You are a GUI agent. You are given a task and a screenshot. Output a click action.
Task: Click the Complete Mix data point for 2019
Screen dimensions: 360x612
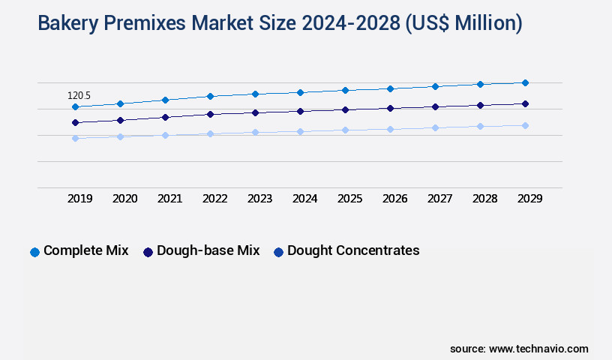click(75, 106)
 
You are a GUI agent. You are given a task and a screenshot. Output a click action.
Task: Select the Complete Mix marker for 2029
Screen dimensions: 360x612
click(525, 82)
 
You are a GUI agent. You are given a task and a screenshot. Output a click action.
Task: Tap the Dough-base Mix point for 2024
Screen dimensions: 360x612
click(300, 111)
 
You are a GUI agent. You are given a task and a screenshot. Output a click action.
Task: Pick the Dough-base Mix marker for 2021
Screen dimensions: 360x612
click(165, 117)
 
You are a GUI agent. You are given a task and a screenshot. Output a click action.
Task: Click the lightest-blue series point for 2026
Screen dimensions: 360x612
click(390, 129)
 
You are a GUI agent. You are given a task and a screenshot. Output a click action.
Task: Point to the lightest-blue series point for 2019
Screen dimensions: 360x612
click(75, 138)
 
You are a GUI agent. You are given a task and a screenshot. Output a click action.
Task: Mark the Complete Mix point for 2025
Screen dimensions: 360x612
click(345, 90)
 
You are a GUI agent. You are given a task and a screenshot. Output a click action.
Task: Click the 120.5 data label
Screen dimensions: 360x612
click(79, 96)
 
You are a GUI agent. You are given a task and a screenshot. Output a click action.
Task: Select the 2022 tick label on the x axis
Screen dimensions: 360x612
click(214, 199)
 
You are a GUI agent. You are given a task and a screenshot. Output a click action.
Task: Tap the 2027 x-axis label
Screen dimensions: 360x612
click(439, 199)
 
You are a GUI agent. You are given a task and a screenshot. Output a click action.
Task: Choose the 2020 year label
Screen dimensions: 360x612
click(124, 199)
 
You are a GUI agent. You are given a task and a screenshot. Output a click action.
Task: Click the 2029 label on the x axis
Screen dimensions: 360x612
click(529, 199)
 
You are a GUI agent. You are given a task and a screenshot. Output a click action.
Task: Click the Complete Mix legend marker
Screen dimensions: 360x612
click(34, 252)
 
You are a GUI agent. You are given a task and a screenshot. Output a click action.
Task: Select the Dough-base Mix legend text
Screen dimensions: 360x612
click(208, 250)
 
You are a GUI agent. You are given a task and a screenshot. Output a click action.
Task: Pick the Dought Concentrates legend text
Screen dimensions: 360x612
click(353, 250)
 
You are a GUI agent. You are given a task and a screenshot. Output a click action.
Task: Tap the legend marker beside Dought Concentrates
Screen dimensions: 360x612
click(278, 252)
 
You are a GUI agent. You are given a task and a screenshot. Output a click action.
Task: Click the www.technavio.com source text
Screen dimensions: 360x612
click(538, 349)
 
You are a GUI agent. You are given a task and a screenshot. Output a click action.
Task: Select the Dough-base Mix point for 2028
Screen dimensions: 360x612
click(480, 105)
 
